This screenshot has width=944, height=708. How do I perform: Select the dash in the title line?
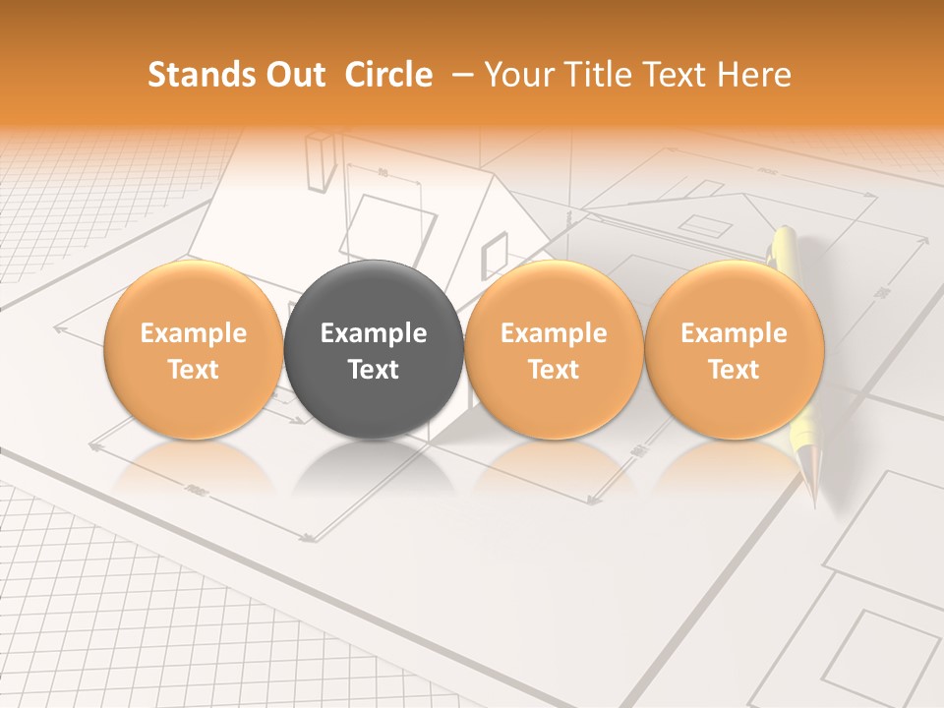458,76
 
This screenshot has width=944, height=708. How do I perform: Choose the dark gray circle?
373,349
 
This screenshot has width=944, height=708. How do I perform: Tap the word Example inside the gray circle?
373,333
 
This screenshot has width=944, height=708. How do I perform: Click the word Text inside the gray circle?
373,370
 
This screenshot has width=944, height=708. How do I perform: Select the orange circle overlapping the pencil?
734,349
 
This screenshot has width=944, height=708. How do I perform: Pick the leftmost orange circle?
193,349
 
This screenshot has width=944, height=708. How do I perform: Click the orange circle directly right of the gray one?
554,349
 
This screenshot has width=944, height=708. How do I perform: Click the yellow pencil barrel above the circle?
784,246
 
